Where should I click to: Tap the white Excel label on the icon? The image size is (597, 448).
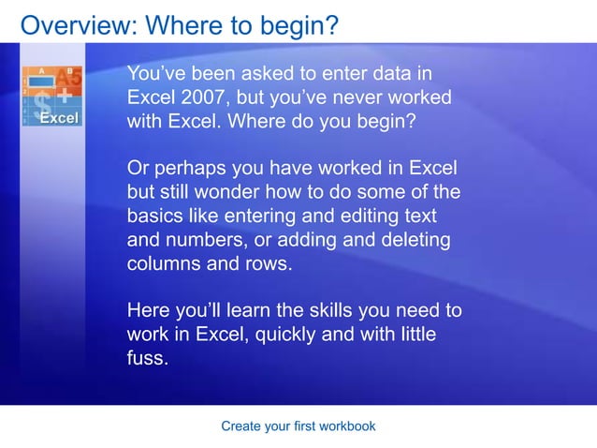point(58,118)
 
